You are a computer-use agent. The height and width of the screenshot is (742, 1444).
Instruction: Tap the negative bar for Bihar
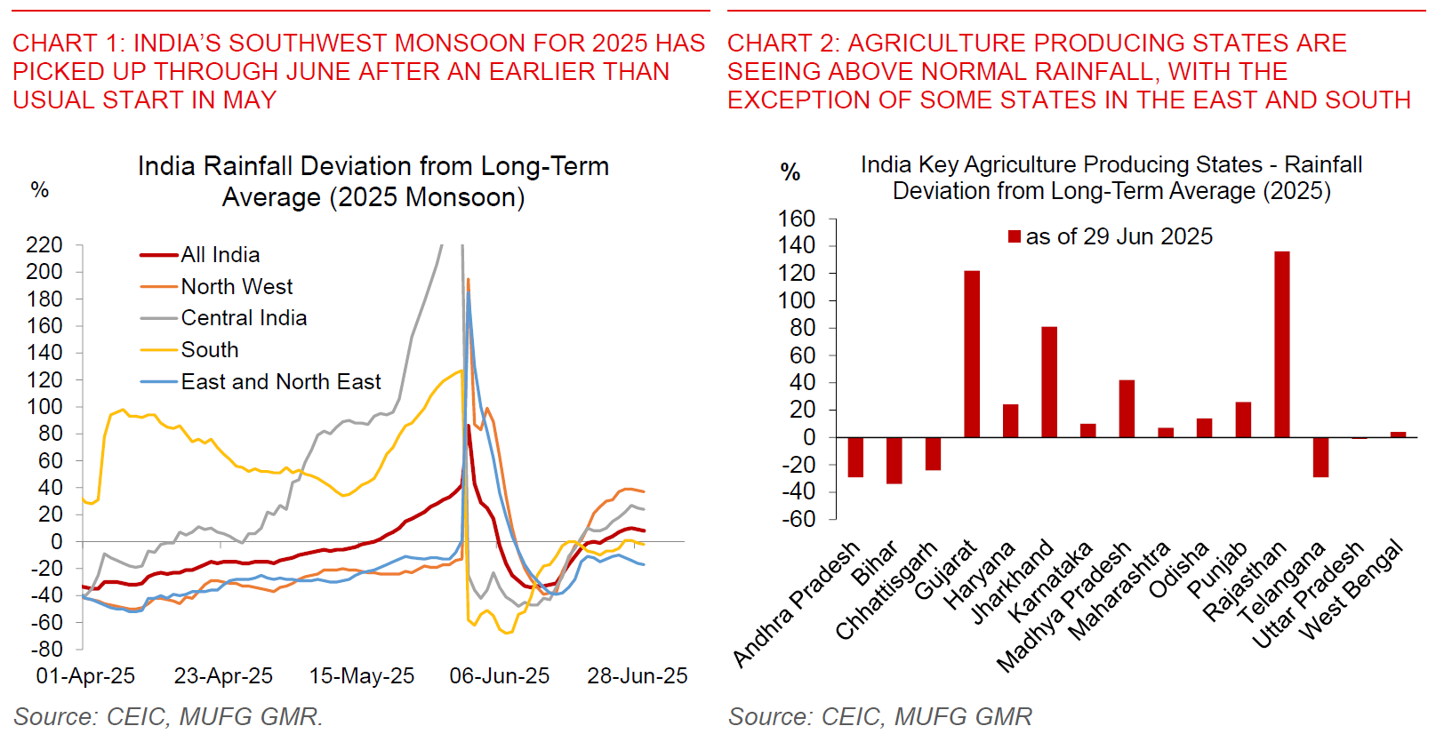point(894,460)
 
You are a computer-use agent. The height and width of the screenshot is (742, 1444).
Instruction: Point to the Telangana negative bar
point(1320,457)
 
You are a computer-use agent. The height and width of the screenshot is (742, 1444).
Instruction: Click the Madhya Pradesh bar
point(1127,409)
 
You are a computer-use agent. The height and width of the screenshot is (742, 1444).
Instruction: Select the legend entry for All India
point(220,255)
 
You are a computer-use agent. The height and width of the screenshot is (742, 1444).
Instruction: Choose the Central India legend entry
point(243,318)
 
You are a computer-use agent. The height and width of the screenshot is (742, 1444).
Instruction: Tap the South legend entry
point(210,350)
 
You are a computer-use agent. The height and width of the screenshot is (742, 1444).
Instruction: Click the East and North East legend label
point(280,382)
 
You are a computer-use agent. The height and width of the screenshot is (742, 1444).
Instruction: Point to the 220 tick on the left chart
point(44,244)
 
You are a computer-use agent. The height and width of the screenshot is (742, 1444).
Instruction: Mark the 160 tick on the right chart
point(796,219)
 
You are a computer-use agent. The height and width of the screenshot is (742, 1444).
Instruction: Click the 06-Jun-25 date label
point(500,676)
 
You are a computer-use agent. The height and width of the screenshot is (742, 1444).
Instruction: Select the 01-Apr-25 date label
point(85,676)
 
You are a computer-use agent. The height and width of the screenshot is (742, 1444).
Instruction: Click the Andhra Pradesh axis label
point(796,604)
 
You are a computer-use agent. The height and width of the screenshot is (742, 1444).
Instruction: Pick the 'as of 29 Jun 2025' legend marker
point(1015,236)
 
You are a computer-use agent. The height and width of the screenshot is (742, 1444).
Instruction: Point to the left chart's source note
point(168,716)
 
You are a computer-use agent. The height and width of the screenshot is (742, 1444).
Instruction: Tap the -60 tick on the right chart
point(798,519)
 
